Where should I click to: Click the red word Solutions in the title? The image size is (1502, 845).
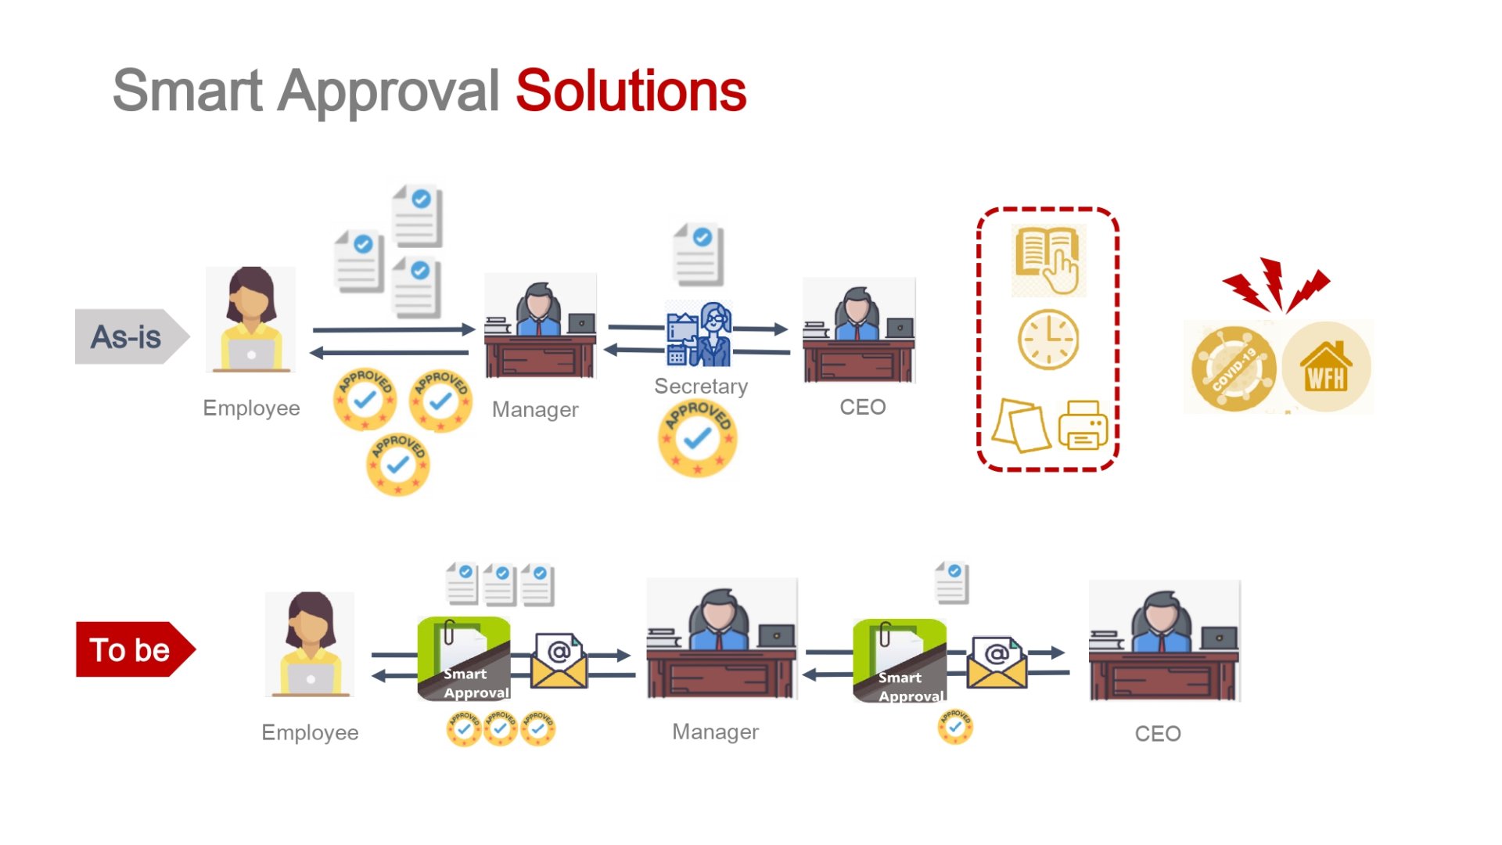point(631,92)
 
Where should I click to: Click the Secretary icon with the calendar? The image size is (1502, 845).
point(699,334)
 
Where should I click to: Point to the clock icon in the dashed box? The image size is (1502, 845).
point(1047,340)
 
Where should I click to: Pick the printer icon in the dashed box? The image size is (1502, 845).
point(1083,426)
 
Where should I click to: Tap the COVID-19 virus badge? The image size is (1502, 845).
point(1234,368)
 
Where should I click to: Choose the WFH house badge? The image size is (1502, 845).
point(1326,367)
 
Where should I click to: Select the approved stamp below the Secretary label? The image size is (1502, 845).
point(697,438)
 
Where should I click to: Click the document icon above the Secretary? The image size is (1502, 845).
point(699,254)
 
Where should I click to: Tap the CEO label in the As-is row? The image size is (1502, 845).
point(862,407)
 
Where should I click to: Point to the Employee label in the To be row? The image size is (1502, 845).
point(310,732)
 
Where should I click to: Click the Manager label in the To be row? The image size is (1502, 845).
point(715,732)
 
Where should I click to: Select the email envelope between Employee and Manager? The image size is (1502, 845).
point(559,661)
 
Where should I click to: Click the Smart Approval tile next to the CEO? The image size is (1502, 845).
point(900,661)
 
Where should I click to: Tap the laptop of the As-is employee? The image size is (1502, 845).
point(251,354)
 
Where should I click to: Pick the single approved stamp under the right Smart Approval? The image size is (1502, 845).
point(954,727)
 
